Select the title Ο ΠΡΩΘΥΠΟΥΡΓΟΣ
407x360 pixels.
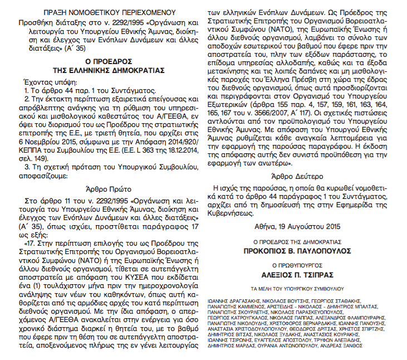tap(303, 265)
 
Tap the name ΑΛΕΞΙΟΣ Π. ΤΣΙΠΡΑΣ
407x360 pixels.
tap(303, 275)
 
